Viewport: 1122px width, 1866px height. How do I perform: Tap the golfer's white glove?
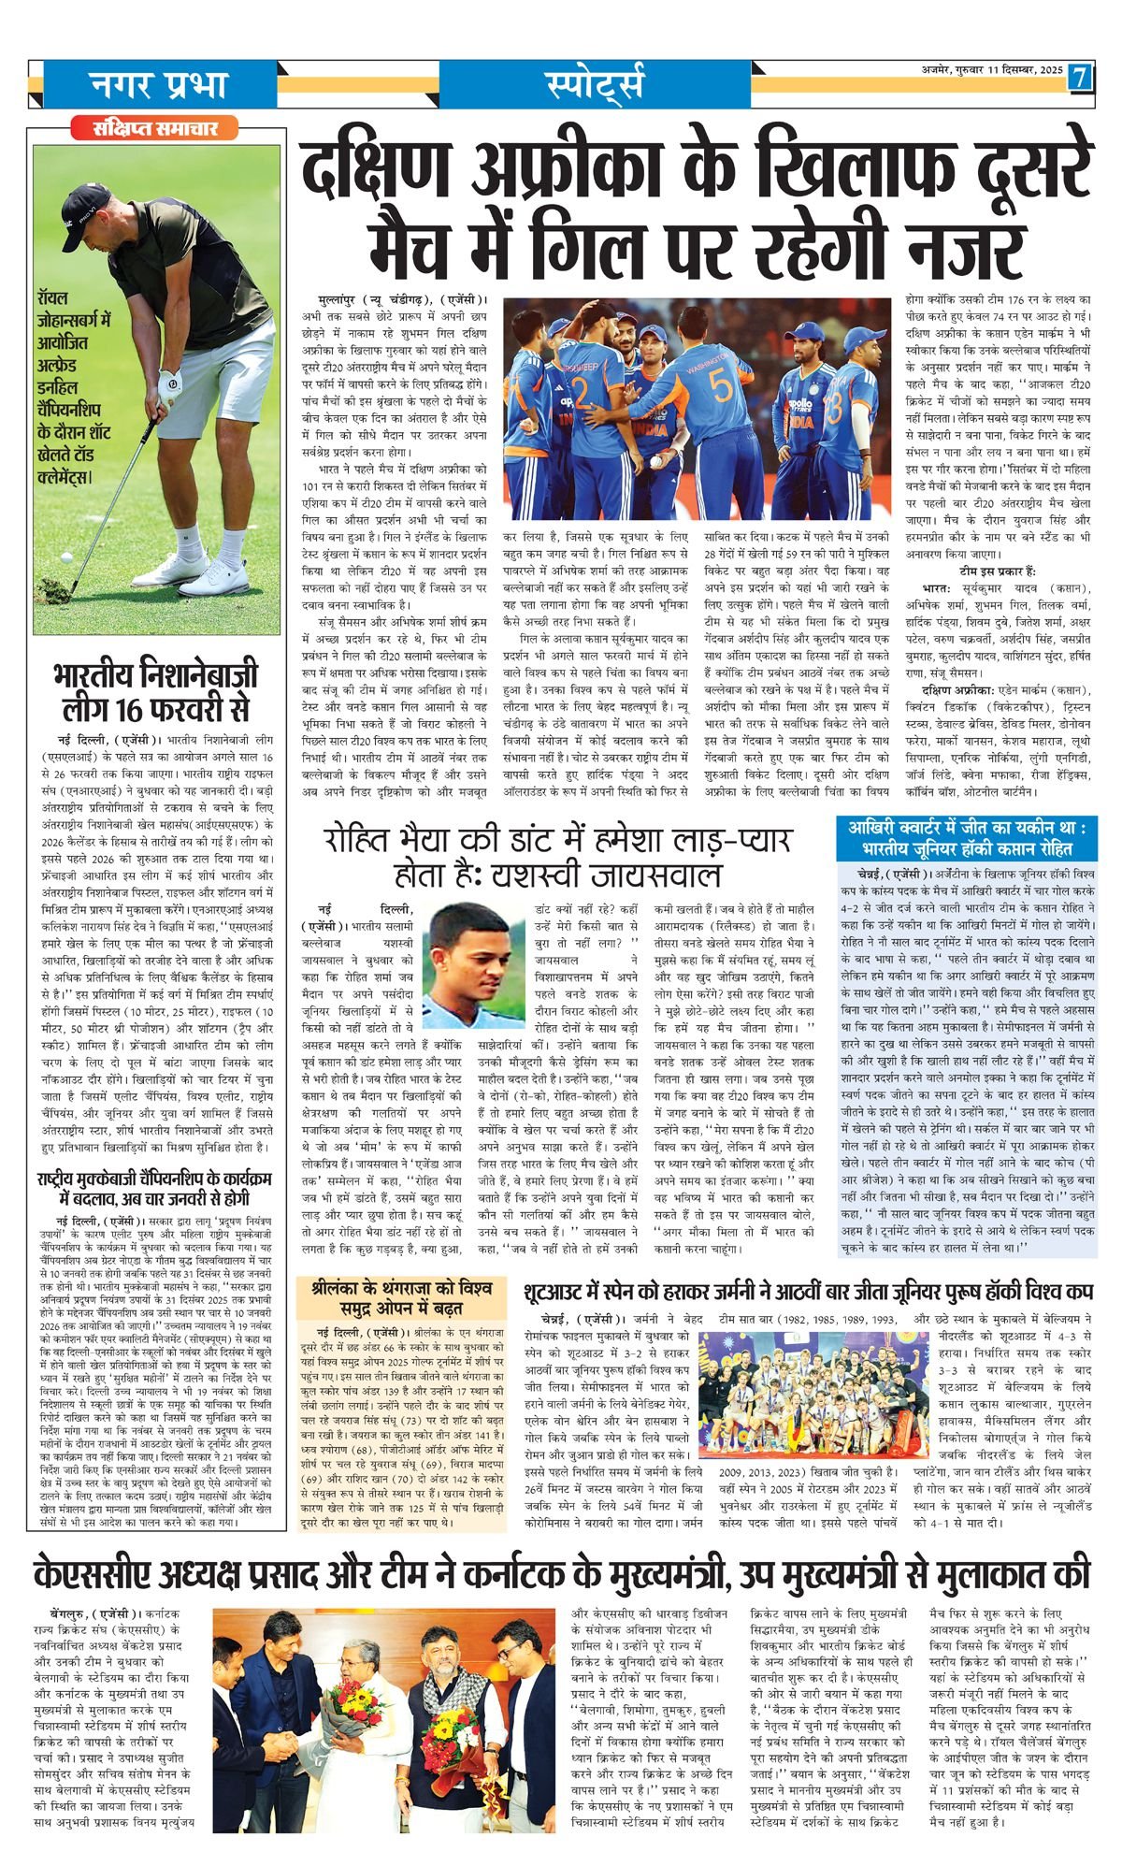(170, 383)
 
